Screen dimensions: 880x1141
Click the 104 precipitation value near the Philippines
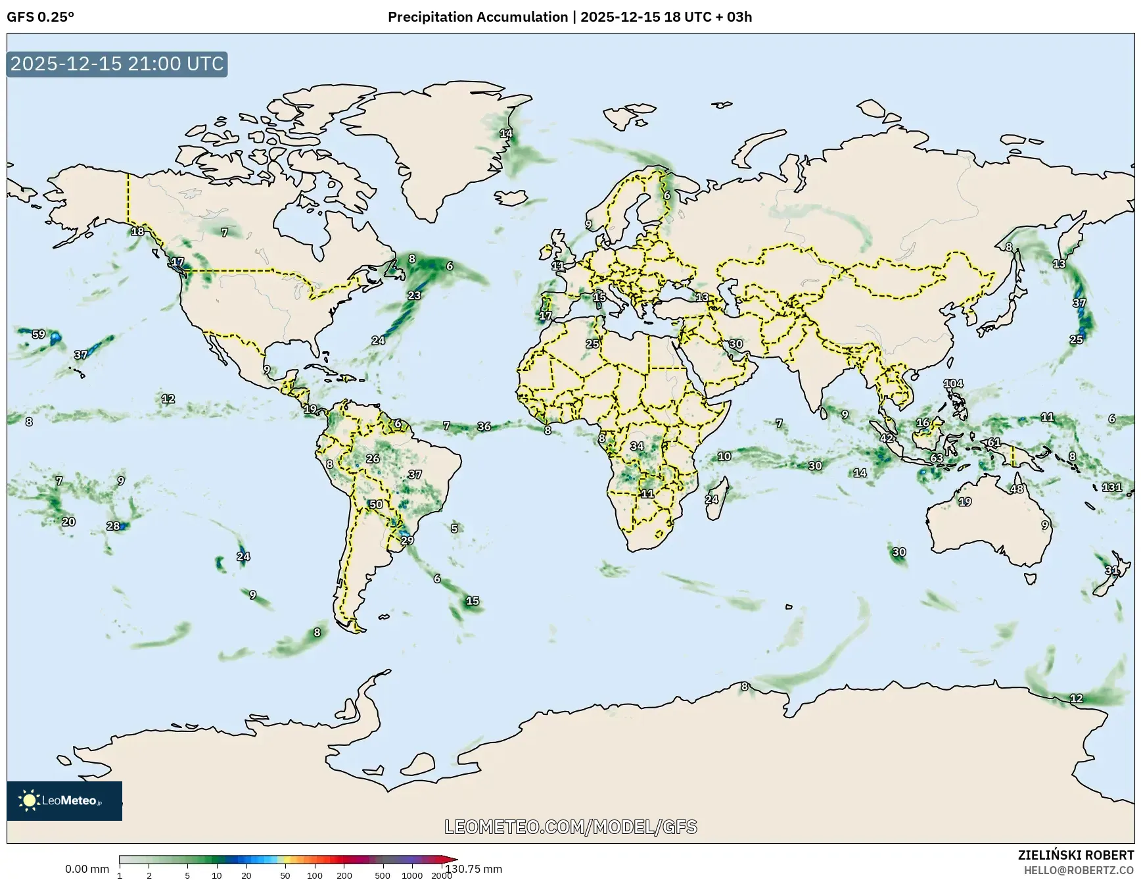pos(953,383)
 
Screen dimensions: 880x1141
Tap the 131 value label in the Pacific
pos(1111,487)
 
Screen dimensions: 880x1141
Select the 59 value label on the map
pos(39,334)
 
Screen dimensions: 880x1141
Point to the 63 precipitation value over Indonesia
pos(937,458)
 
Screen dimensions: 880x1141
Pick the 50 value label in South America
pos(375,504)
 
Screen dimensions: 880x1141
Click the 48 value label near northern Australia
pos(1017,489)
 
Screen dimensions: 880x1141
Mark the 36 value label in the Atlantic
pos(484,426)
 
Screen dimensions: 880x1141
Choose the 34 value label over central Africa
pos(637,446)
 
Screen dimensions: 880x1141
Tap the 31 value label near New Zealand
pos(1111,570)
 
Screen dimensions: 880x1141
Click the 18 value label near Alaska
pos(137,231)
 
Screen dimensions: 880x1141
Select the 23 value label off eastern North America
pos(414,295)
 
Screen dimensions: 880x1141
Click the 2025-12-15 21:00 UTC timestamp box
pos(117,64)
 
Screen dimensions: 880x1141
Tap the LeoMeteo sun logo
pos(29,800)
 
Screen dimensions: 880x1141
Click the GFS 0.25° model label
pos(40,17)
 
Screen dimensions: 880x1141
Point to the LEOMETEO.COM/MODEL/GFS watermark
pos(570,827)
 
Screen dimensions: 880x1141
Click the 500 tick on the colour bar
pos(382,875)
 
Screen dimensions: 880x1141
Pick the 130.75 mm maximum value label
pos(474,869)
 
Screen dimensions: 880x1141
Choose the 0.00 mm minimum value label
pos(87,869)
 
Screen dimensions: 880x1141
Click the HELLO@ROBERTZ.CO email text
pos(1079,870)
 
